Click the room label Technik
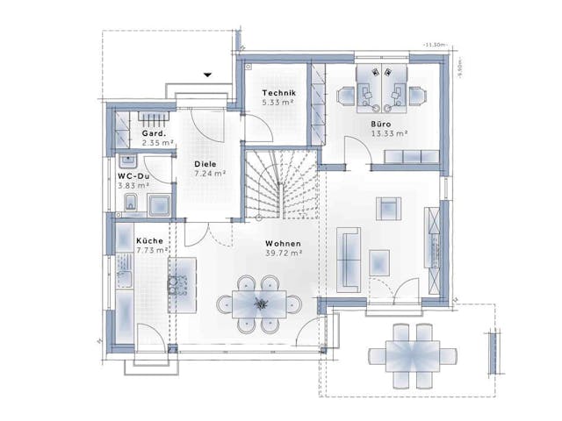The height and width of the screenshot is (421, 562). click(x=278, y=94)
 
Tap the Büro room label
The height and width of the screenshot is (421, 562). click(x=380, y=125)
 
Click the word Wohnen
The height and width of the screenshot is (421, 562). click(x=283, y=244)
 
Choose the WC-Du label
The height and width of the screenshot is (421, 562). click(x=133, y=175)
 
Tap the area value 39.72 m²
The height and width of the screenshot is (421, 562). click(x=283, y=253)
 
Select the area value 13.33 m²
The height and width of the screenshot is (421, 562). click(x=389, y=133)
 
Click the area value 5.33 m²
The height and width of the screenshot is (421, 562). click(x=278, y=103)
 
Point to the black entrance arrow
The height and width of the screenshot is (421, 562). click(x=207, y=75)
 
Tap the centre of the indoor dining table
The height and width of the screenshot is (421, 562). click(x=261, y=303)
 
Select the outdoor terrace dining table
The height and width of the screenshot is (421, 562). click(x=412, y=355)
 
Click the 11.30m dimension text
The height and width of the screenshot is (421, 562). click(x=433, y=44)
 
